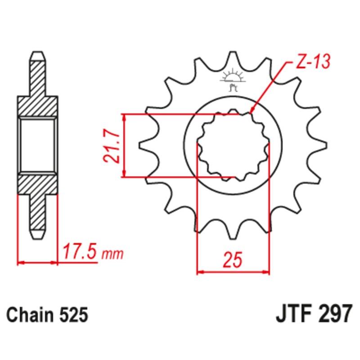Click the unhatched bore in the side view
[x=38, y=145]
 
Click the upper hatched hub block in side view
[x=38, y=106]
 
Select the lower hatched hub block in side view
[x=38, y=184]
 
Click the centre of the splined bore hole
[x=233, y=145]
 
